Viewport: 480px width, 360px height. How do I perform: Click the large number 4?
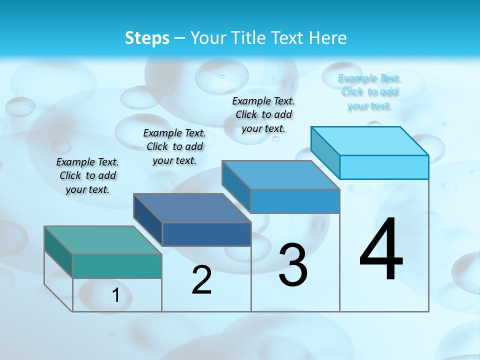point(381,249)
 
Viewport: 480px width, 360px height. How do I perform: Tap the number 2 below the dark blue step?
point(201,280)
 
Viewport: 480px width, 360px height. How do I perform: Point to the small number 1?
point(115,295)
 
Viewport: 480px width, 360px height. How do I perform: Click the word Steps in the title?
point(147,38)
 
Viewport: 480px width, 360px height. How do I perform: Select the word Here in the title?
point(328,38)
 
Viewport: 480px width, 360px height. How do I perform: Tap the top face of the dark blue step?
point(192,207)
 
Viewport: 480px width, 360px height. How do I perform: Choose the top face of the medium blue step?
point(281,175)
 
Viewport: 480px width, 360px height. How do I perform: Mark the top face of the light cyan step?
point(370,140)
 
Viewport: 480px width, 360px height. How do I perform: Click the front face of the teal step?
point(117,266)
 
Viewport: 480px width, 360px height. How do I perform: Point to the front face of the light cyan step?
point(384,167)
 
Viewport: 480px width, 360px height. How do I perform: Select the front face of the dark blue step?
point(206,234)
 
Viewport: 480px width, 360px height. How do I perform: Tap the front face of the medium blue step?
point(295,201)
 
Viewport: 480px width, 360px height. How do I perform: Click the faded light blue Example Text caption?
point(369,92)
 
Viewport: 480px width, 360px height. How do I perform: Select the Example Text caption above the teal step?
point(87,175)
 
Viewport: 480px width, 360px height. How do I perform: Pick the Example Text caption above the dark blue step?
point(174,146)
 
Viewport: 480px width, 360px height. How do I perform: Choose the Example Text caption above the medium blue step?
point(263,114)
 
